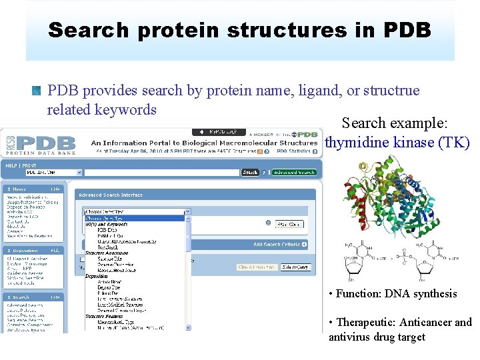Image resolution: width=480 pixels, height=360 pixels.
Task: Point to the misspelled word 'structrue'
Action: [388, 90]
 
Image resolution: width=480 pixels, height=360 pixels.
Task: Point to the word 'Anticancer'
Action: [425, 323]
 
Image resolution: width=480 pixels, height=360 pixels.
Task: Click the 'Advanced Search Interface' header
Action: [111, 195]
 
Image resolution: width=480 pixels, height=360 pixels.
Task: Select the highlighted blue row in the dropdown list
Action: [133, 218]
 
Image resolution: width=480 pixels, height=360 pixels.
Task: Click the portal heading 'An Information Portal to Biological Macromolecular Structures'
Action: [204, 143]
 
